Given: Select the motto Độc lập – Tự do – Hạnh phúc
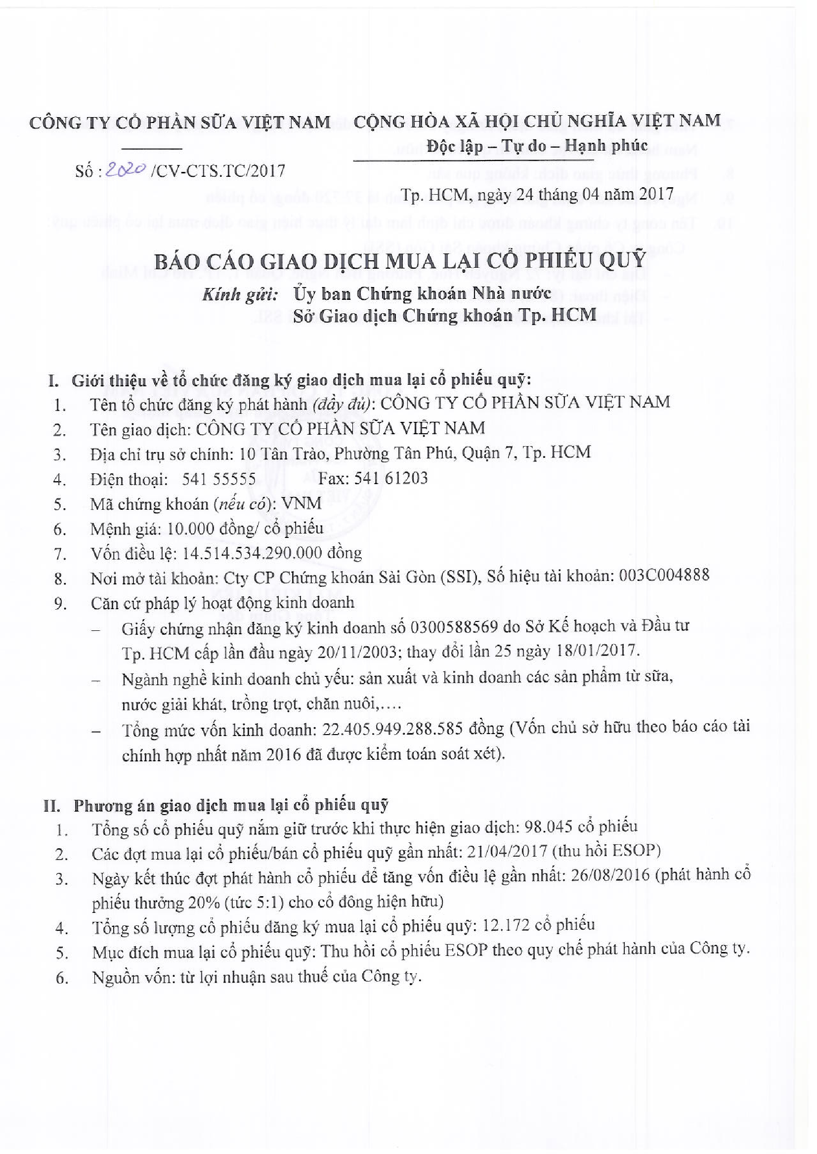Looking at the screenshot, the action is pyautogui.click(x=537, y=146).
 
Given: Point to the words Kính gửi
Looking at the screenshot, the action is pyautogui.click(x=240, y=293).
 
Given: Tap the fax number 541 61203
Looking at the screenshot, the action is pyautogui.click(x=391, y=478).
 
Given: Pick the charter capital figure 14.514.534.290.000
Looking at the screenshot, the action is pyautogui.click(x=252, y=553).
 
